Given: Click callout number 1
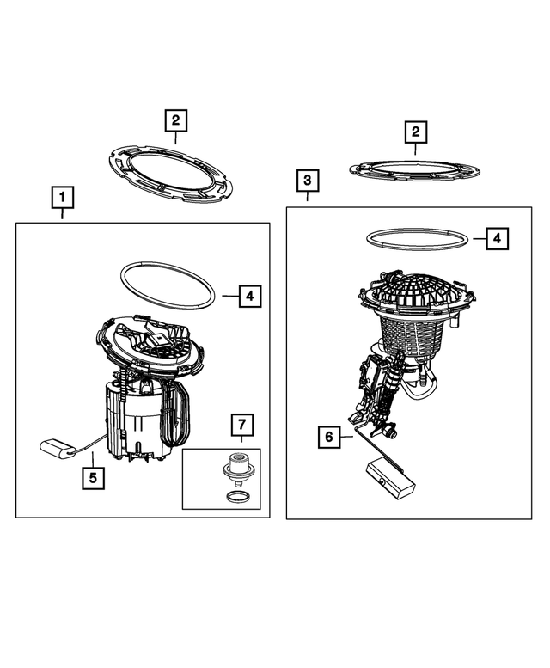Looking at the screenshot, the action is pos(63,197).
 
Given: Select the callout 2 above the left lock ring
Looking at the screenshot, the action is pos(176,120).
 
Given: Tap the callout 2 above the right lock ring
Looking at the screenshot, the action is pos(415,132).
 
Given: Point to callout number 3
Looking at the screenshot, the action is pos(308,181).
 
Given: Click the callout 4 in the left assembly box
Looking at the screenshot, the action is pos(250,296).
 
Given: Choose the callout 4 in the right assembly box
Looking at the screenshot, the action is pos(498,239).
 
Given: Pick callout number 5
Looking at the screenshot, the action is pos(93,478).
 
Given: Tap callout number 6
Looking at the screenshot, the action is pos(329,437).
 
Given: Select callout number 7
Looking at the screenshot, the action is pos(242,425).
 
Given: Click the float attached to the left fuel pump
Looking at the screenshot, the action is pos(58,450).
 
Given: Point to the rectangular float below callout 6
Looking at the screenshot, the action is pos(390,478).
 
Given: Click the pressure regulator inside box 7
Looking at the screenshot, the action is pos(235,469).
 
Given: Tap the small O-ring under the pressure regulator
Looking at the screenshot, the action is pos(235,496).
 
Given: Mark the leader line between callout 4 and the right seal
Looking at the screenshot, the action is pos(480,239).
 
